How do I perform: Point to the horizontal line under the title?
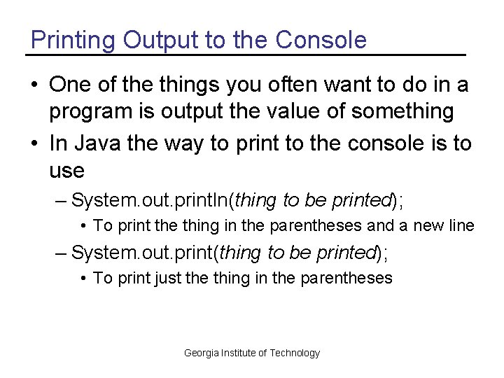pyautogui.click(x=245, y=55)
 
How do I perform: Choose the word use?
pyautogui.click(x=66, y=170)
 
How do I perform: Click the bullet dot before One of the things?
pyautogui.click(x=34, y=86)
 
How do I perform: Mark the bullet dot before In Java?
pyautogui.click(x=34, y=144)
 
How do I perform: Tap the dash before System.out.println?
pyautogui.click(x=62, y=201)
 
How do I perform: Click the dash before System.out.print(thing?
pyautogui.click(x=62, y=253)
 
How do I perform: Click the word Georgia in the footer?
pyautogui.click(x=201, y=353)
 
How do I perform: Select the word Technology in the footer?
pyautogui.click(x=295, y=353)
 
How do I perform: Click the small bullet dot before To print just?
pyautogui.click(x=83, y=279)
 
